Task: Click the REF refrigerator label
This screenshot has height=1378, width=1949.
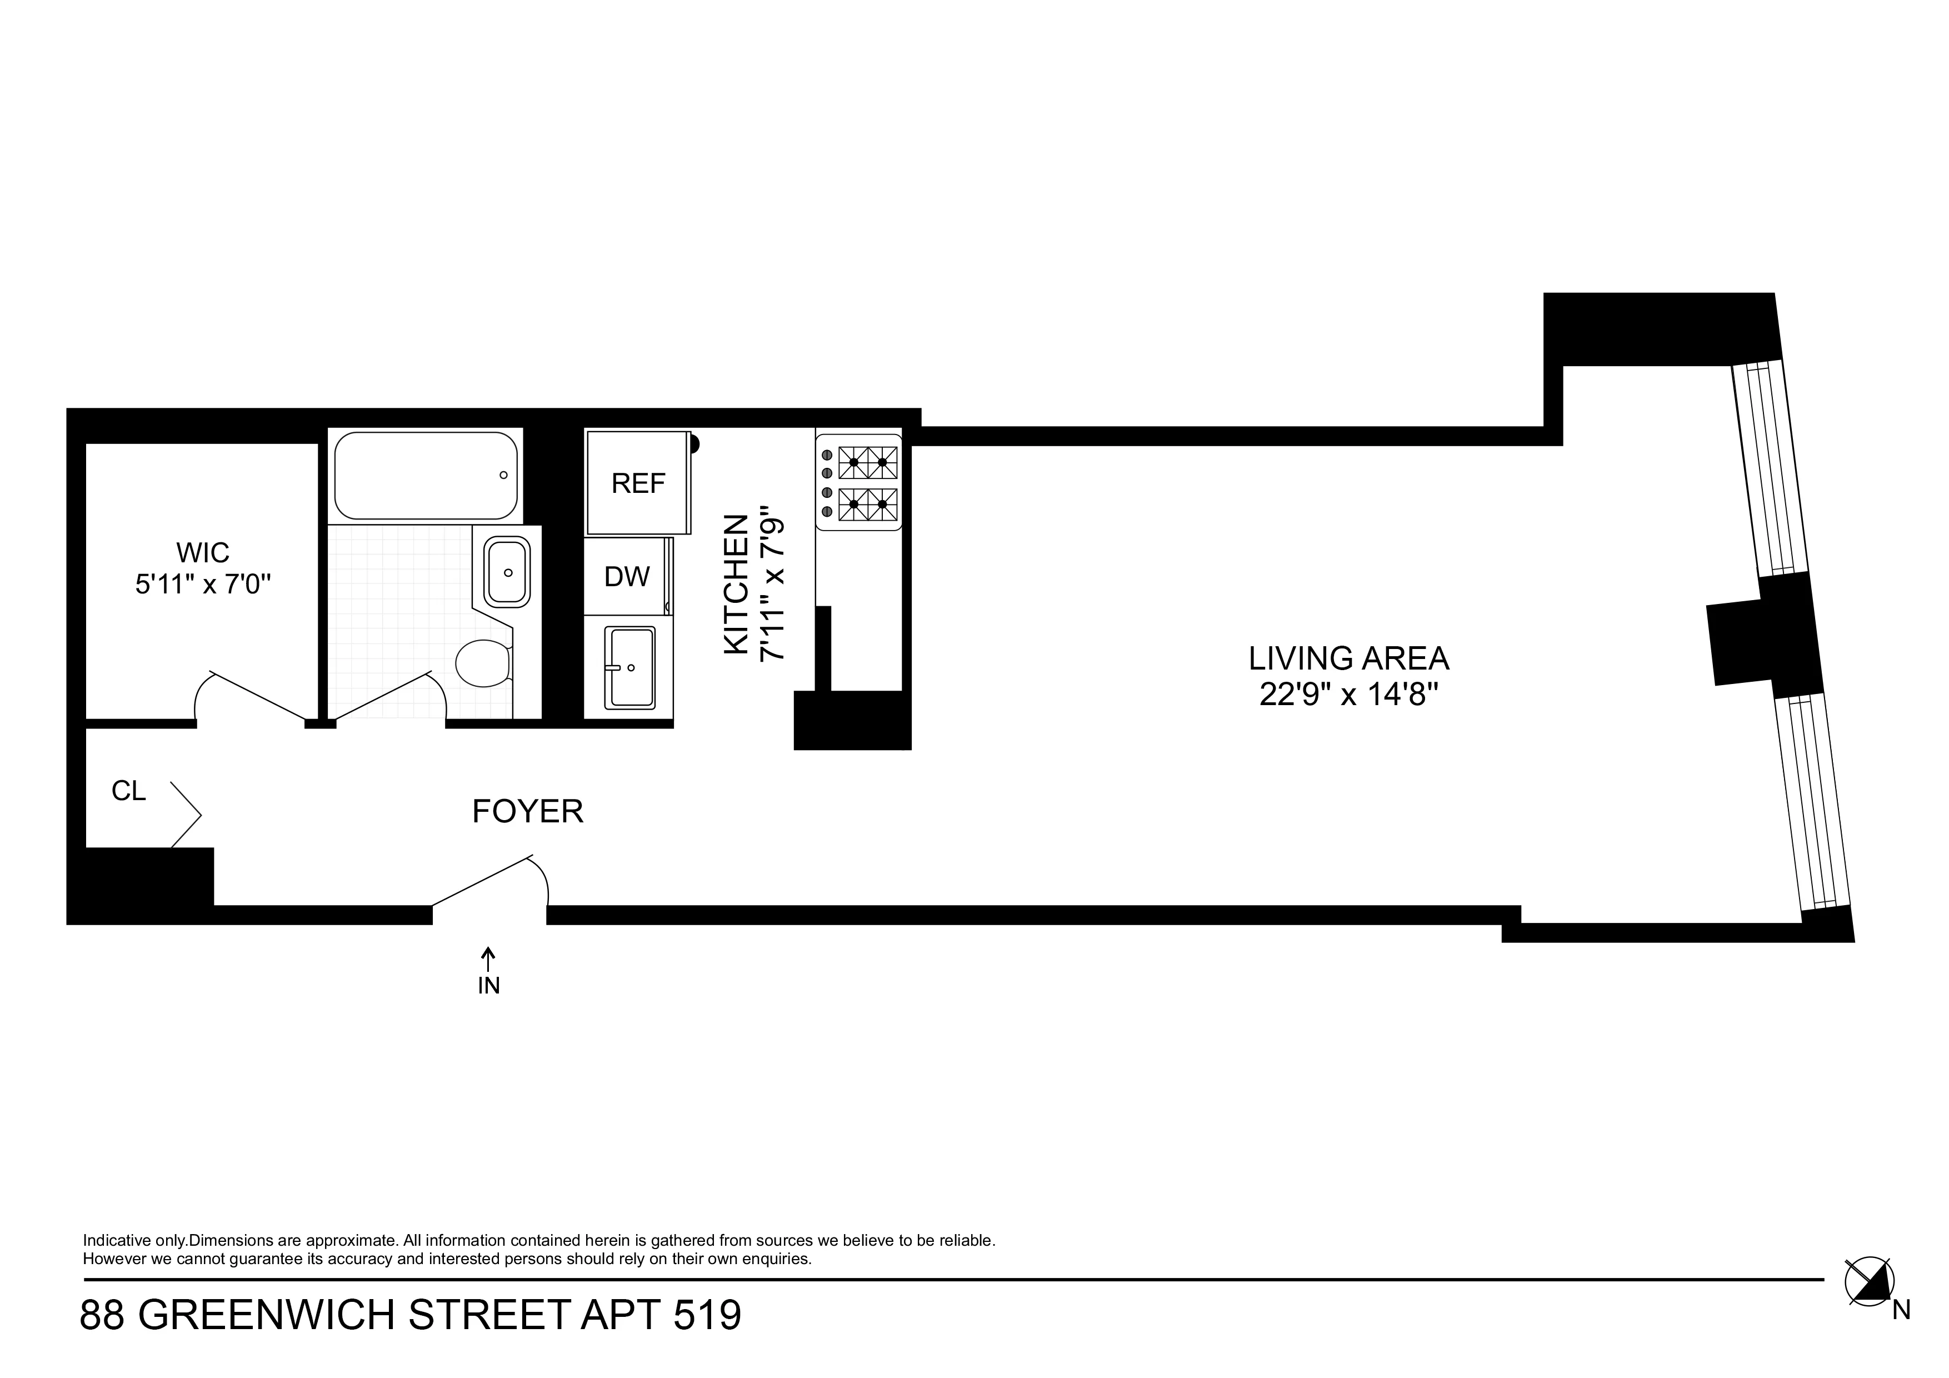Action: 638,483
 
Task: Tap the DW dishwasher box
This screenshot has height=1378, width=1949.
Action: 627,577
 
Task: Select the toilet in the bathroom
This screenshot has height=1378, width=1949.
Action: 483,663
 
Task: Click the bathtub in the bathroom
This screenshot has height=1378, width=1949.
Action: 425,476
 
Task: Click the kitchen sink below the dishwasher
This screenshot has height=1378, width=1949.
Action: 629,667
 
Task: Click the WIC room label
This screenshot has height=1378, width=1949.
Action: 203,553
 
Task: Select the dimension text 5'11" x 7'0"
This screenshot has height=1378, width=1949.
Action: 203,585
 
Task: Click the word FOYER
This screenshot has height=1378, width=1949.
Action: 527,812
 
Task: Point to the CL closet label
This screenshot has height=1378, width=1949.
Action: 129,791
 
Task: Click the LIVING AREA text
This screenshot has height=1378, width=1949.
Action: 1348,658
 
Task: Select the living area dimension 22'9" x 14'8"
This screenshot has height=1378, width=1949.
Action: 1348,695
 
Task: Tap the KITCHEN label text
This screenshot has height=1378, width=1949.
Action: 736,584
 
